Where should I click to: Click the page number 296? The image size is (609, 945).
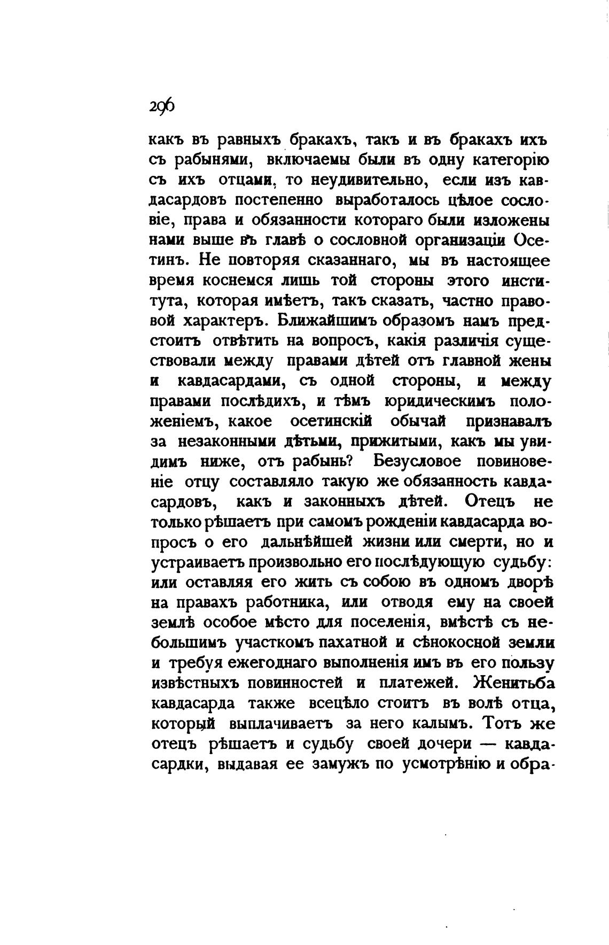[162, 105]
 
